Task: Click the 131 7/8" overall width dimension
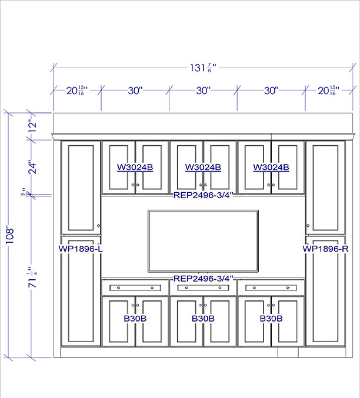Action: tap(203, 68)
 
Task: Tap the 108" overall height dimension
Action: tap(9, 235)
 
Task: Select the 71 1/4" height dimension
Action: tap(32, 277)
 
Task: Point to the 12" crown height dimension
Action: tap(32, 126)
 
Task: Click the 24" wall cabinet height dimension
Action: tap(32, 167)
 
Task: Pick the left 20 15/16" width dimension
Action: tap(77, 91)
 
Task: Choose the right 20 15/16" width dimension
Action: tap(328, 91)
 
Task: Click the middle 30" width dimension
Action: tap(204, 91)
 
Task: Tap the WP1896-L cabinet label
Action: tap(81, 249)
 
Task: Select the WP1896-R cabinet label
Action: tap(325, 249)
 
